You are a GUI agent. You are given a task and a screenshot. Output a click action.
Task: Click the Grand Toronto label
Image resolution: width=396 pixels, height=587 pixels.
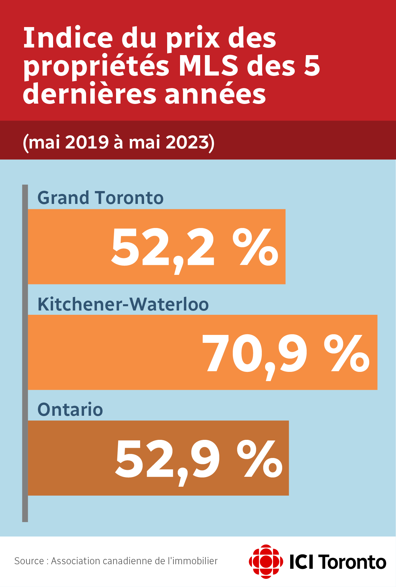(x=100, y=198)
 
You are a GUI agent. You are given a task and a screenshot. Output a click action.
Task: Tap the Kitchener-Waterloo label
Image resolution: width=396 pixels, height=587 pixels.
(x=123, y=304)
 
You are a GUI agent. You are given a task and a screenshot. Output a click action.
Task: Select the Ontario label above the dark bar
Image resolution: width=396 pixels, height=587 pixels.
(x=70, y=410)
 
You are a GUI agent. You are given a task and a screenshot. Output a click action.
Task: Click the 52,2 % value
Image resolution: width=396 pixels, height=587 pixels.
(x=195, y=247)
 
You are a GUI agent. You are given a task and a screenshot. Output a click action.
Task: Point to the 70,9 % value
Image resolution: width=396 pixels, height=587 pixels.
(x=286, y=353)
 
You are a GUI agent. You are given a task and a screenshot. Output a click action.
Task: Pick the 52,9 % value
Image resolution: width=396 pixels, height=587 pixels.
(x=198, y=459)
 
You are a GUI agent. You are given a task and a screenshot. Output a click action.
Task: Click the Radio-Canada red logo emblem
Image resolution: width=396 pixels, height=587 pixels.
(x=266, y=561)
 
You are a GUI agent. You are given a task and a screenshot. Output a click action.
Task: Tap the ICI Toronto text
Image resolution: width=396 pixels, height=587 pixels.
(x=338, y=562)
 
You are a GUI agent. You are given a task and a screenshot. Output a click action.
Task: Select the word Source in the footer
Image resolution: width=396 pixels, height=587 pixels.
(x=29, y=561)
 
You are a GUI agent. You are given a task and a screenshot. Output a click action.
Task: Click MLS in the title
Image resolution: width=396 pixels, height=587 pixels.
(x=208, y=66)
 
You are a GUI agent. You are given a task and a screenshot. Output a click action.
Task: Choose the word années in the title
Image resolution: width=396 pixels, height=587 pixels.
(x=215, y=94)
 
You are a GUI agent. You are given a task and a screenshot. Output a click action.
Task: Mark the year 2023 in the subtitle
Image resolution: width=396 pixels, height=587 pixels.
(x=187, y=143)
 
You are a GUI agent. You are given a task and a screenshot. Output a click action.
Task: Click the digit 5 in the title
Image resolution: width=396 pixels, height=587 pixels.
(x=312, y=66)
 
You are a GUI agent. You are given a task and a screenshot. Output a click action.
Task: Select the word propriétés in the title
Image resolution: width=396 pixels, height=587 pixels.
(x=96, y=67)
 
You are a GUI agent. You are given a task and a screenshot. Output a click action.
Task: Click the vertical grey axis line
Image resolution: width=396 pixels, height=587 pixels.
(x=25, y=353)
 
